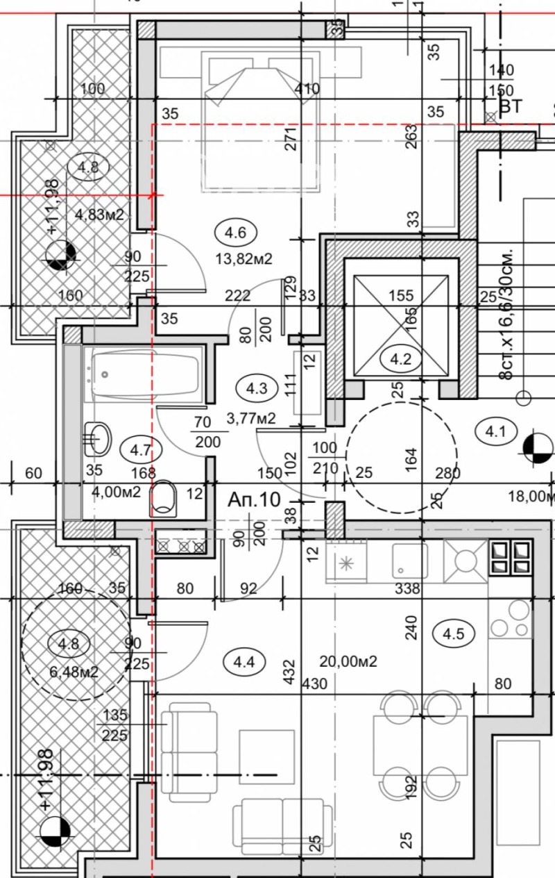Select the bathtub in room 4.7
(142, 375)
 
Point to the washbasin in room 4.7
(96, 438)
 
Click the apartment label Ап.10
(255, 499)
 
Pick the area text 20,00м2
(348, 661)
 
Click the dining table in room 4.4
(420, 745)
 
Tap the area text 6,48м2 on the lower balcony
(75, 672)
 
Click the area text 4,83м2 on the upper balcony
(99, 215)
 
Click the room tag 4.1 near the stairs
(495, 432)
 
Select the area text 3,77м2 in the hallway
(251, 418)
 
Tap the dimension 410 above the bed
(307, 88)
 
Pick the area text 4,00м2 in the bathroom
(116, 492)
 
